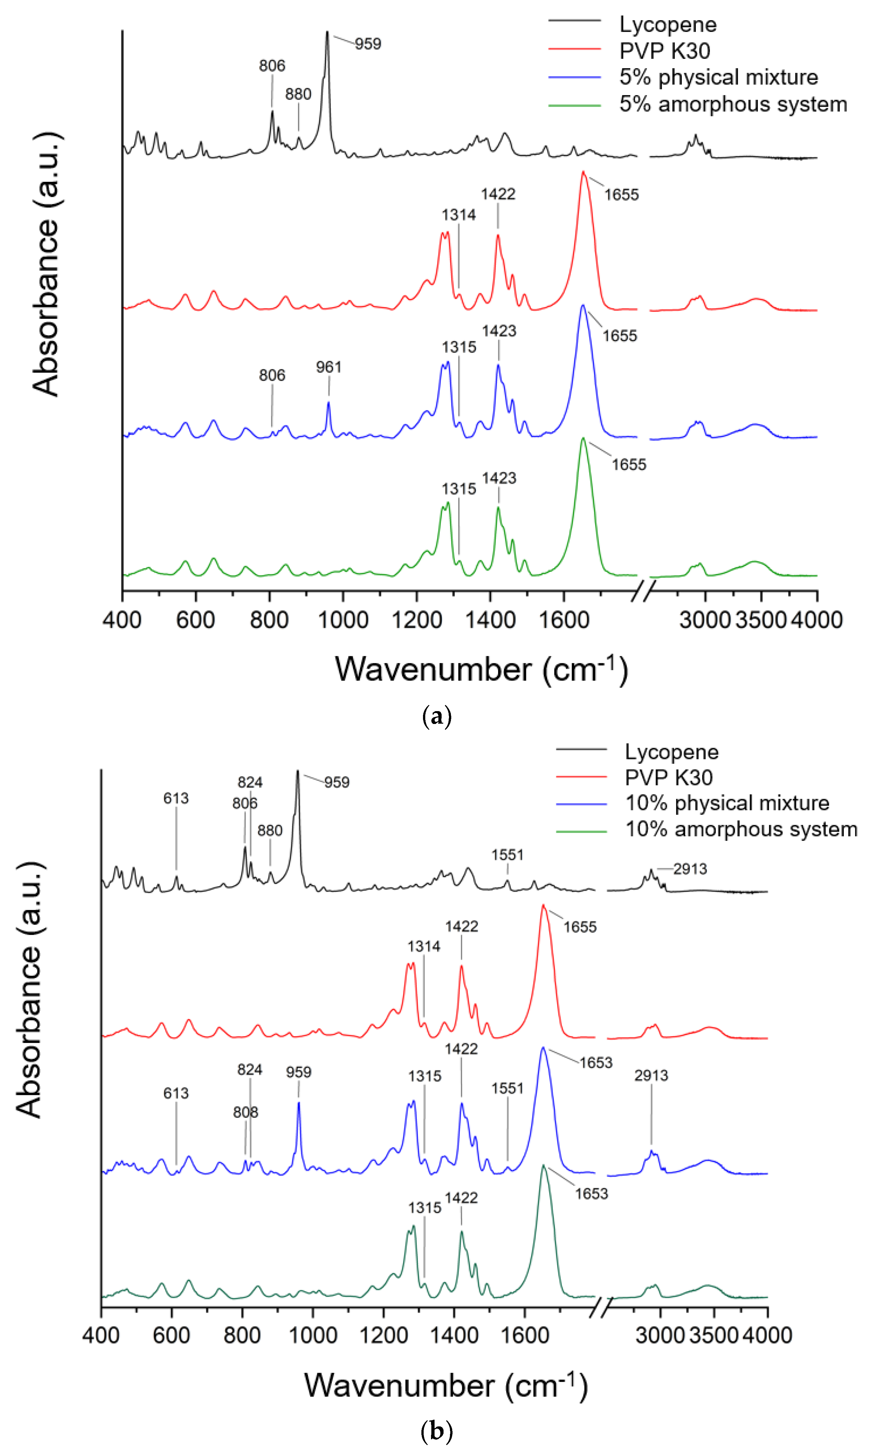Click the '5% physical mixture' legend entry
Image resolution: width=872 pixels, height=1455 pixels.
(718, 77)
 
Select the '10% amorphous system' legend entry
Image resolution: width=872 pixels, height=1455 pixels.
(740, 829)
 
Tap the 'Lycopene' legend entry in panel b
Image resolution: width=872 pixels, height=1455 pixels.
(671, 752)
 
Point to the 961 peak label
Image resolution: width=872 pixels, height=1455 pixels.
(328, 367)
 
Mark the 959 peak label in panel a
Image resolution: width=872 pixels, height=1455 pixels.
(368, 44)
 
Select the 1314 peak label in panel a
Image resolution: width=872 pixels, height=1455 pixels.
(458, 215)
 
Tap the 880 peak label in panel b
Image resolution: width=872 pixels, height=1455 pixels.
(270, 831)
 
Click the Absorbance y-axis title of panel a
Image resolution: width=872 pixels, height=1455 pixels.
(46, 265)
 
